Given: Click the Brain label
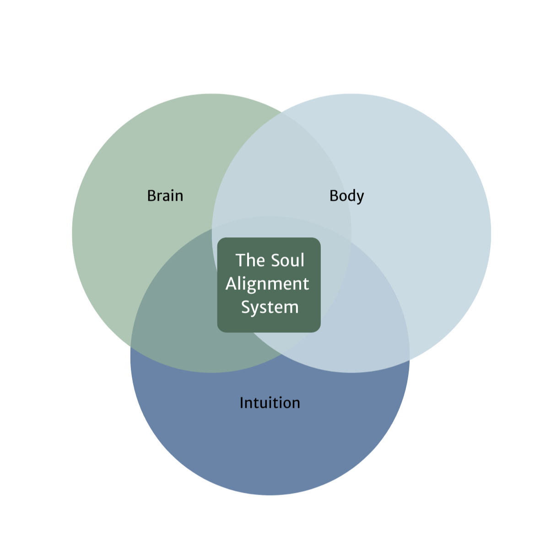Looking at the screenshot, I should coord(165,196).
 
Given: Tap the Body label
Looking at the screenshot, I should coord(346,196).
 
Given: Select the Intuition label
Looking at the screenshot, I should coord(270,403).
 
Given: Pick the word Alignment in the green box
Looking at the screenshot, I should coord(267,284).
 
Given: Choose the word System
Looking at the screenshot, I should coord(270,307).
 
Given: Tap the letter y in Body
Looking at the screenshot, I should coord(360,197).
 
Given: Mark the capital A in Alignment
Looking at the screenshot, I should coord(231,284).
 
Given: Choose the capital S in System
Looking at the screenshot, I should coord(245,307).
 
